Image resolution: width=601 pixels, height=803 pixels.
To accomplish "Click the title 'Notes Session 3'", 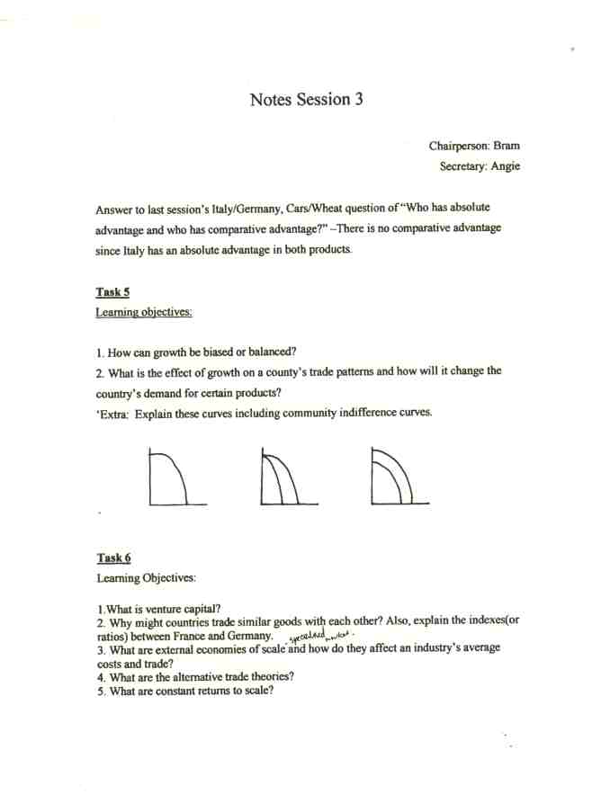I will [307, 99].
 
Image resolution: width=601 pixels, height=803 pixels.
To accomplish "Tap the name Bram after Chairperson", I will [506, 145].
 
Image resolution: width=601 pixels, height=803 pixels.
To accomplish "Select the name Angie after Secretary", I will [505, 165].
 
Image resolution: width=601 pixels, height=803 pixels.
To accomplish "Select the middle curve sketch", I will [284, 477].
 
